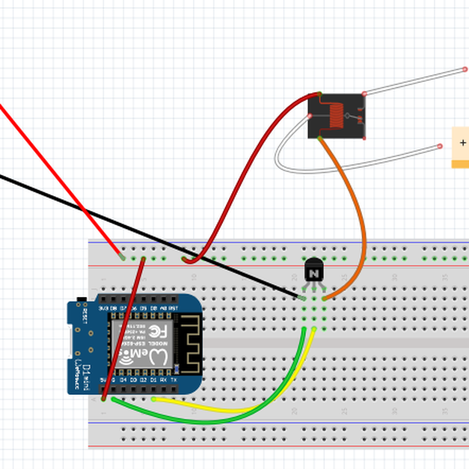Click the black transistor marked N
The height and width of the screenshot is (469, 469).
point(313,273)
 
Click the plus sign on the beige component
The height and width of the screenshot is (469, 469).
point(463,143)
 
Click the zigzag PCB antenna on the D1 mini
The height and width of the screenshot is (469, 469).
point(188,344)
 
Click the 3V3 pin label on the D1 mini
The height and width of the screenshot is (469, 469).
point(103,309)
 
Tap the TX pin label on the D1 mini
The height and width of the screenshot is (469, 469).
point(173,380)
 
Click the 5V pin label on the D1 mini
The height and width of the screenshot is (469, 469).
point(103,380)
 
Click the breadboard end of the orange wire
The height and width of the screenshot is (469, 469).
point(324,298)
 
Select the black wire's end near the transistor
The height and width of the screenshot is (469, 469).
point(303,298)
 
